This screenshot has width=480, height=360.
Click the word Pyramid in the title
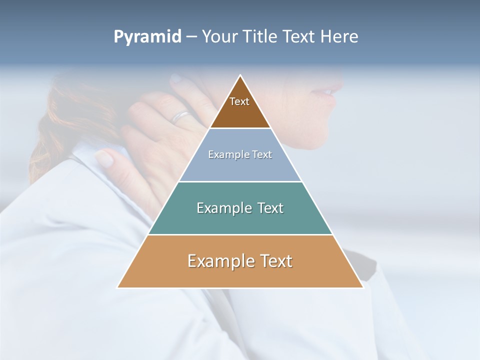coord(147,37)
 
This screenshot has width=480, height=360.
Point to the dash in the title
coord(191,37)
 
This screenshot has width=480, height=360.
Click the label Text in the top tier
coord(239,101)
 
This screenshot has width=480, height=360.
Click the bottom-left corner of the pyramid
coord(117,287)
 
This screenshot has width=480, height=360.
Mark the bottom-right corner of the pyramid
coord(363,287)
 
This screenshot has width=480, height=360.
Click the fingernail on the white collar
coord(104,158)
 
